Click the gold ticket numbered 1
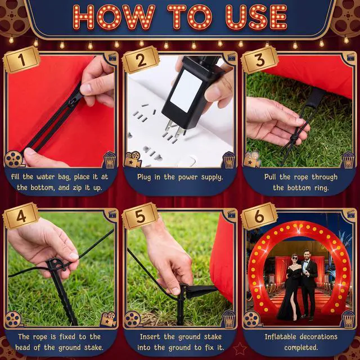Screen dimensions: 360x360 (x=21, y=60)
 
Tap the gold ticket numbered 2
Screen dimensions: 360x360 (x=141, y=60)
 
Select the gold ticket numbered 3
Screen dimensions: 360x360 (x=260, y=60)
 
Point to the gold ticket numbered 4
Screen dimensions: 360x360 (x=21, y=216)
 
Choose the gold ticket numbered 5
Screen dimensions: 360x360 (x=140, y=216)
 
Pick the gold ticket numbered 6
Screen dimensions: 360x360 (x=259, y=216)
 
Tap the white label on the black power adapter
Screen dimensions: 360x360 (x=186, y=91)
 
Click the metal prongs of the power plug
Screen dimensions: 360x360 (x=174, y=128)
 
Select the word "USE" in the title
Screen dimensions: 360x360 (x=256, y=17)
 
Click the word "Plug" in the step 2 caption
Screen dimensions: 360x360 (x=144, y=178)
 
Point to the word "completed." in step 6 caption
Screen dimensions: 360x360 (x=301, y=348)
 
